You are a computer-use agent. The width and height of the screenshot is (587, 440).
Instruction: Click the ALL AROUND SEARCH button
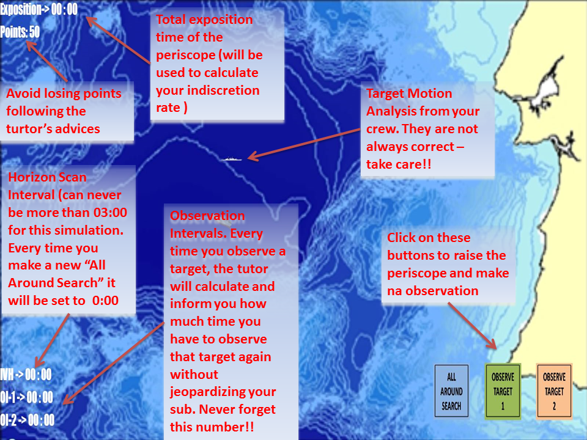coord(451,391)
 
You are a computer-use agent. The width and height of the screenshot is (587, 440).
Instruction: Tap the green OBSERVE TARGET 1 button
coord(503,391)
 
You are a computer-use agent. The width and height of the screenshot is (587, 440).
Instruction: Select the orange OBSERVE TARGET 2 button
coord(554,391)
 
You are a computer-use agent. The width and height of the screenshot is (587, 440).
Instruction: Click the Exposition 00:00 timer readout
coord(39,9)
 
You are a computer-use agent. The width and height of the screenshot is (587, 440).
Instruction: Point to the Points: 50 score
coord(20,32)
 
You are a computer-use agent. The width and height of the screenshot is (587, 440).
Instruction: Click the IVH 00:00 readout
coord(26,375)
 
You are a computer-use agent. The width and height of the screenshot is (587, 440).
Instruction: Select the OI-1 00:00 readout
coord(26,397)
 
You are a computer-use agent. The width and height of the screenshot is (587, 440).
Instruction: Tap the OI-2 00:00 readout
coord(28,420)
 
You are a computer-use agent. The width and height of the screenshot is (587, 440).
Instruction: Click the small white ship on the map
coord(231,159)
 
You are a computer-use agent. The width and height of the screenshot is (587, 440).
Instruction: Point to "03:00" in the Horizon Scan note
coord(110,213)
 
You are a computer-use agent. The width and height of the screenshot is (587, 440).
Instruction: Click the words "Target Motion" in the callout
coord(409,94)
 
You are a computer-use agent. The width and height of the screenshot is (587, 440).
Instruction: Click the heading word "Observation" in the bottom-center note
coord(207,216)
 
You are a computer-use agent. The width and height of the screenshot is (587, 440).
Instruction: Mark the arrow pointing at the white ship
coord(304,144)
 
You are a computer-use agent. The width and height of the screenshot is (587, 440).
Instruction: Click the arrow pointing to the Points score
coord(47,61)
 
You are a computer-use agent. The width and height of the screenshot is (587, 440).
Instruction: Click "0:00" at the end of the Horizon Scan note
coord(105,301)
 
